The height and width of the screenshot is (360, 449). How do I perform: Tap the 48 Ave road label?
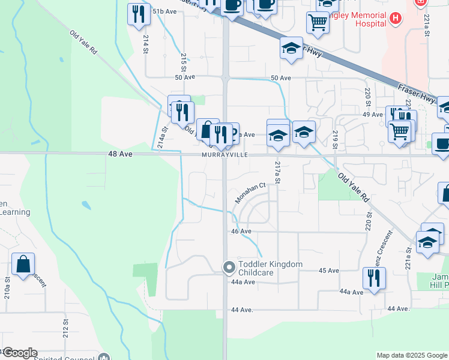click(120, 154)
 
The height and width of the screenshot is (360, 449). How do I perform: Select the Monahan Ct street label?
click(250, 193)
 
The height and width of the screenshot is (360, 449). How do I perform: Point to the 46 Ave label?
click(241, 231)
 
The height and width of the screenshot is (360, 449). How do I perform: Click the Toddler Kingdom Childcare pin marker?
click(229, 268)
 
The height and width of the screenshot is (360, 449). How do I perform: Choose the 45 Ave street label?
click(329, 271)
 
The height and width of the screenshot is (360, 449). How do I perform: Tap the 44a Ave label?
click(352, 292)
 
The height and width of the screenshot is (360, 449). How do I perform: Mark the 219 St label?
click(336, 140)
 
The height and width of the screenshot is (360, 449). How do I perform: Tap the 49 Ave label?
click(373, 115)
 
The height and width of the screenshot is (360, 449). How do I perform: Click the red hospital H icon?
click(395, 19)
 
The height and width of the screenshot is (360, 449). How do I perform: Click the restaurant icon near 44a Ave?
click(373, 278)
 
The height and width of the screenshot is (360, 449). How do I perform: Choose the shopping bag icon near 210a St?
click(23, 264)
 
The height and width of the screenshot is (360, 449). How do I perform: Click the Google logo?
click(20, 353)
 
